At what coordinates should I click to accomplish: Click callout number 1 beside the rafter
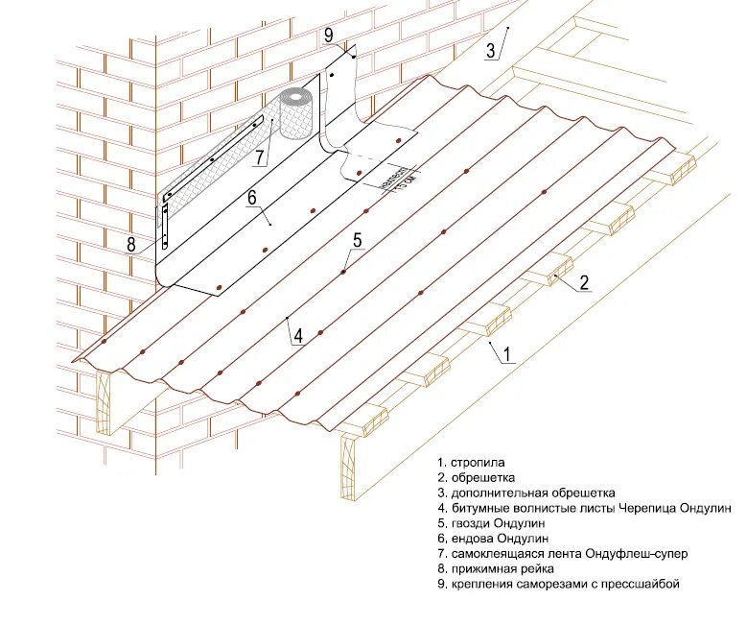pos(507,354)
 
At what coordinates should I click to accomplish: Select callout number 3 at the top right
pos(490,51)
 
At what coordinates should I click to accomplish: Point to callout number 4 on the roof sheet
pos(298,336)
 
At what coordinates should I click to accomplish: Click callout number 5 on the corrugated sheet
pos(357,240)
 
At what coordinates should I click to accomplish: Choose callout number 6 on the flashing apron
pos(252,198)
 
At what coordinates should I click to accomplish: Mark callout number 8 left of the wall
pos(131,243)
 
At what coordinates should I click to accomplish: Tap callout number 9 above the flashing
pos(328,35)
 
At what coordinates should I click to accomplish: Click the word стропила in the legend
pos(477,462)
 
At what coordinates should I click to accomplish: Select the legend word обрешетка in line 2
pos(484,477)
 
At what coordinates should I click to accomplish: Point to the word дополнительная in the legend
pos(502,493)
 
